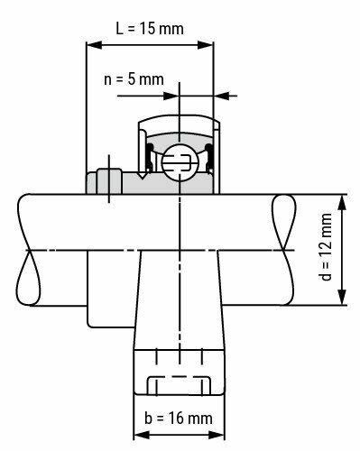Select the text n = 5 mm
point(134,78)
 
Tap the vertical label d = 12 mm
point(327,250)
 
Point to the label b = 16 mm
point(178,418)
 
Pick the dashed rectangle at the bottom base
point(179,384)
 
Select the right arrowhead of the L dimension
point(210,41)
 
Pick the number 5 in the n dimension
point(135,78)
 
